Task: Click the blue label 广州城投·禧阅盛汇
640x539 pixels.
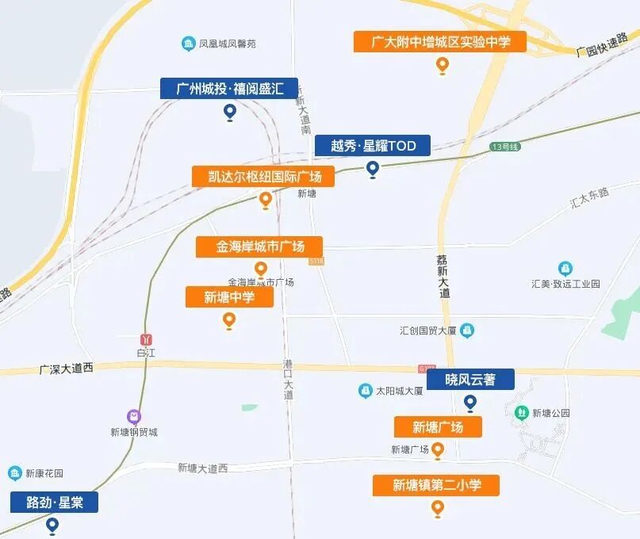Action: (228, 89)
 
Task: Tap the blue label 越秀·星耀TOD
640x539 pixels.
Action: (372, 146)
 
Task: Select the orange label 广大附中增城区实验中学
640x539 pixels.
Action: (440, 42)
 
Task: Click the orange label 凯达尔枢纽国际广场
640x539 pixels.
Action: (263, 177)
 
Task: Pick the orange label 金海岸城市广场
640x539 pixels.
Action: (259, 247)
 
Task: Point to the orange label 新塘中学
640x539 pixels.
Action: (229, 297)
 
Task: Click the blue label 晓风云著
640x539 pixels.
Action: (469, 380)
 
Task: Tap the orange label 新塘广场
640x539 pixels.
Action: (437, 427)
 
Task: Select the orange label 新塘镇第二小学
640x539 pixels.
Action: (436, 485)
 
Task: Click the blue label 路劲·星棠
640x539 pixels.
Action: (54, 502)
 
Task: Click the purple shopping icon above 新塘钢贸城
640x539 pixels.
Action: (134, 416)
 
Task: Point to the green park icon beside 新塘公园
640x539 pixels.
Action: (521, 412)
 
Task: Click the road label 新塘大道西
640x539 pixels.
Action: (202, 468)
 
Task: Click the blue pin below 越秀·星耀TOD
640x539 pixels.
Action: (373, 169)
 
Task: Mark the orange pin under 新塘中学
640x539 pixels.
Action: (229, 320)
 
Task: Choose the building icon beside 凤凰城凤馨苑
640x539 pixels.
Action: (188, 43)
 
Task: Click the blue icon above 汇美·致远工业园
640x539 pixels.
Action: (565, 269)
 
